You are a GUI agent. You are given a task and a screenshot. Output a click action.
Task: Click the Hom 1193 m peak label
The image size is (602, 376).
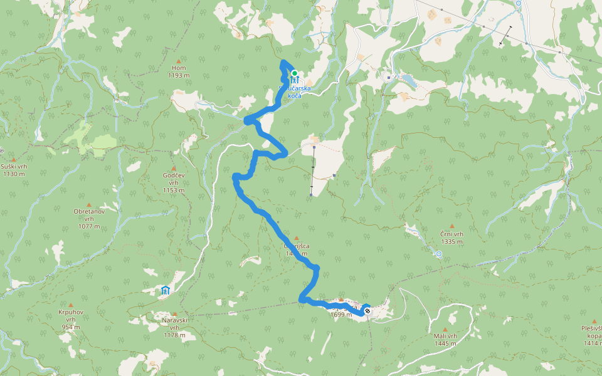tap(178, 71)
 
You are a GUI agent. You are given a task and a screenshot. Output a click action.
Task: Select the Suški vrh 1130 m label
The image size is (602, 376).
tap(13, 170)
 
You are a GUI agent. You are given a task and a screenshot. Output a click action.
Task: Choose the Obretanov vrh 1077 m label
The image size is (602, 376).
tap(88, 218)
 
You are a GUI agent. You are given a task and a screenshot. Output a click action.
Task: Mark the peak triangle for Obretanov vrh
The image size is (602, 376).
tap(88, 204)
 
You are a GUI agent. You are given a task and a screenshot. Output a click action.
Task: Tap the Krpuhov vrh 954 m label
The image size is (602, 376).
tap(66, 319)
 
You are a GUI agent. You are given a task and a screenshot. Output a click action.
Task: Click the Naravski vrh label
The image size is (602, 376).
tap(174, 324)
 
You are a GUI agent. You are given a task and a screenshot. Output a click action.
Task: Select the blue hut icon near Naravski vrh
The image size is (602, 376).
tap(165, 290)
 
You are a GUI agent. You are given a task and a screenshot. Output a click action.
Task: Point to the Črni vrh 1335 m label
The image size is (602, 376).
tap(451, 238)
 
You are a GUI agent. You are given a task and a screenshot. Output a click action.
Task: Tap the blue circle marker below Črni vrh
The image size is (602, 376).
tap(439, 254)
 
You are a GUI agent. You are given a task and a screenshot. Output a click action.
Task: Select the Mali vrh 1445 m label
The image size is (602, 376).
tap(445, 339)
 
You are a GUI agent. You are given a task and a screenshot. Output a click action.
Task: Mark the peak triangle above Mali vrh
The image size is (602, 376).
tap(445, 329)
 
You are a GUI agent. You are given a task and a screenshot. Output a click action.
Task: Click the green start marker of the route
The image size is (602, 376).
tap(294, 73)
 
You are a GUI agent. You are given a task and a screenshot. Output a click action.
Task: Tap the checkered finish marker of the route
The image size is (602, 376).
tap(367, 310)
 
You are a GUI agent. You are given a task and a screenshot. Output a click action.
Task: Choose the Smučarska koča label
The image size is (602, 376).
tap(304, 91)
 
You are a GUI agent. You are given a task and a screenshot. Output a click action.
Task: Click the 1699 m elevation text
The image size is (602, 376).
tap(341, 315)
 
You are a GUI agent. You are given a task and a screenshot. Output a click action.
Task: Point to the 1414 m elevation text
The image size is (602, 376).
tap(592, 343)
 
